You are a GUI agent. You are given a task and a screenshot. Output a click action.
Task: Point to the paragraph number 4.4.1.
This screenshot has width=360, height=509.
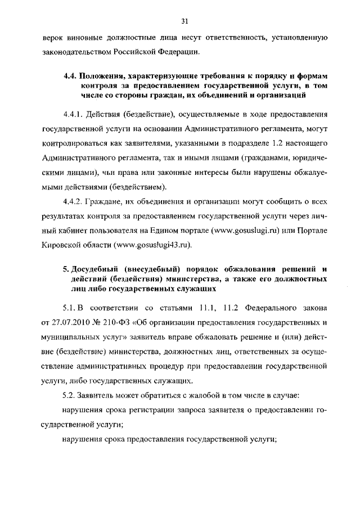click(x=75, y=114)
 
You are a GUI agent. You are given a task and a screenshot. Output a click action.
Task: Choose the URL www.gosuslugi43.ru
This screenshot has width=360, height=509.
click(x=152, y=245)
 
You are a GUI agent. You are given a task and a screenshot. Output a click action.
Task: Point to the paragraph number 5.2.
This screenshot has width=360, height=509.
click(x=70, y=397)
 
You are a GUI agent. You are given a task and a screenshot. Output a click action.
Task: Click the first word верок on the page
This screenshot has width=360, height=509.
click(x=53, y=38)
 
